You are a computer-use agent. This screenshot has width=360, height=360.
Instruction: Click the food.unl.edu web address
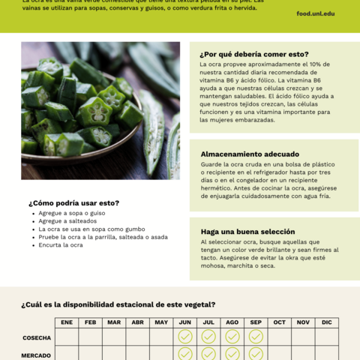point(315,13)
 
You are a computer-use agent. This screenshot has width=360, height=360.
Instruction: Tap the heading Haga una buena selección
point(247,232)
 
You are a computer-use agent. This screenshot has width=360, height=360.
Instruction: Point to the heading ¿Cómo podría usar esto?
point(73,202)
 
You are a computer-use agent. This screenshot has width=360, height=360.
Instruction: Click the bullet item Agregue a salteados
point(67,221)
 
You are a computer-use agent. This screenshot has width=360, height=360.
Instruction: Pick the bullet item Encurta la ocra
point(61,245)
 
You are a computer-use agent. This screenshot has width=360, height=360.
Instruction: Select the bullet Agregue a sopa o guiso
point(72,213)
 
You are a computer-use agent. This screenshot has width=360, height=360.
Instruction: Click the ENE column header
point(67,322)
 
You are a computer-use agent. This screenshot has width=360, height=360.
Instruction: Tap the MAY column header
point(161,322)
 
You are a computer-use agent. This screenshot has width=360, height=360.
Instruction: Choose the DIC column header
point(326,322)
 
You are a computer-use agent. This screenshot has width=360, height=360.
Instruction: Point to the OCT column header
point(279,322)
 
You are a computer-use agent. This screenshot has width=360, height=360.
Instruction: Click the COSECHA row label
point(37,337)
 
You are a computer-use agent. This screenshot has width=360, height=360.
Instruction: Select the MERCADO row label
point(36,355)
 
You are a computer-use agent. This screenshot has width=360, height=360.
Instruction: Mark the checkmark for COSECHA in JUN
point(185,337)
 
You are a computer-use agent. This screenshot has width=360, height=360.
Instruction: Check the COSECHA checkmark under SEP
point(256,337)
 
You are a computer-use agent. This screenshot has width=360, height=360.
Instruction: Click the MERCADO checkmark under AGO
point(232,353)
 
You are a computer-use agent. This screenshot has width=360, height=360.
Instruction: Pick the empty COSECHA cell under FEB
point(91,337)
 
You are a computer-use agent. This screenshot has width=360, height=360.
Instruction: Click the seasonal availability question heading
point(118,304)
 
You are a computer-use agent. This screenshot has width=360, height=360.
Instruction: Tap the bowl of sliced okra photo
point(100,110)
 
